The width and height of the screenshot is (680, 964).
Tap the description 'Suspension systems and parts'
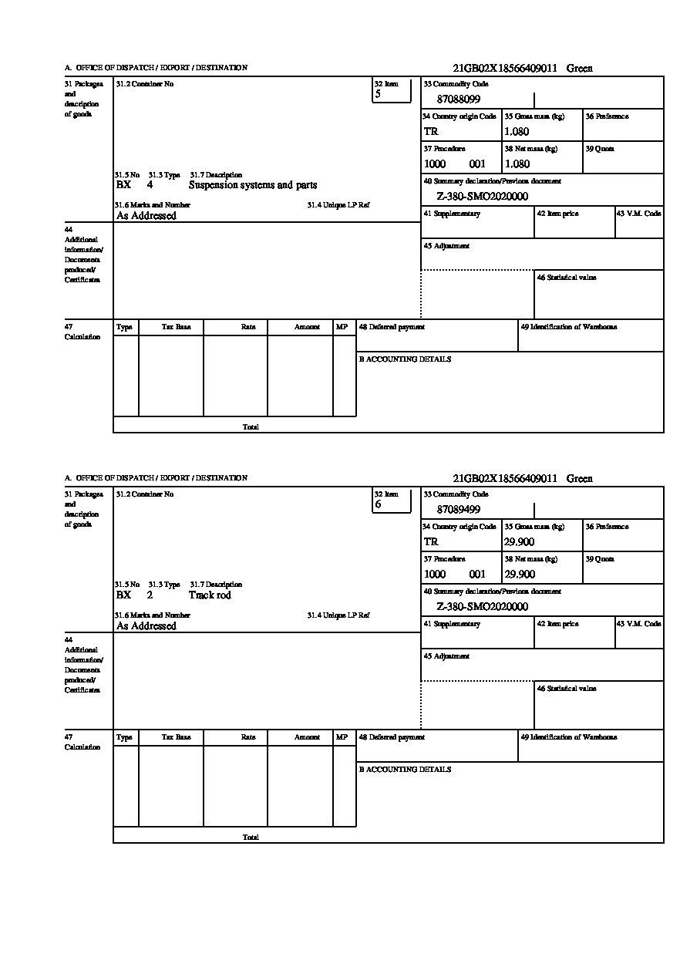[253, 185]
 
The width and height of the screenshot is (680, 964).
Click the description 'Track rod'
[210, 595]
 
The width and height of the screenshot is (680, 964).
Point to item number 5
[378, 94]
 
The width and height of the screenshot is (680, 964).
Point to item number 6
[378, 504]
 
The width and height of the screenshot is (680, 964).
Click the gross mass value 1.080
[517, 131]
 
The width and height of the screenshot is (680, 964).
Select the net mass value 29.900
[520, 575]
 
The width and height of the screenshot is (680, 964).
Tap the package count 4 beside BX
[150, 185]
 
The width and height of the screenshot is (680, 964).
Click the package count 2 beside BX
[150, 595]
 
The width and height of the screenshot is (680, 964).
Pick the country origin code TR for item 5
[431, 132]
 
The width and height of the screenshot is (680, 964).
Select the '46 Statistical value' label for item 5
[567, 278]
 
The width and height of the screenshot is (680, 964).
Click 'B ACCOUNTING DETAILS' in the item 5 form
[405, 359]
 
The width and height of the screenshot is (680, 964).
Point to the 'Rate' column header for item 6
[248, 737]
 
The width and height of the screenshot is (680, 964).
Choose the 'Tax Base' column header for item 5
[177, 327]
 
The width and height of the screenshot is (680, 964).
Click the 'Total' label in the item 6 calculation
[251, 838]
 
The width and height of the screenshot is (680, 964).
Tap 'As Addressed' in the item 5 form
[146, 216]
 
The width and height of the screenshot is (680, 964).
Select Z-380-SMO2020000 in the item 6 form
[483, 607]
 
